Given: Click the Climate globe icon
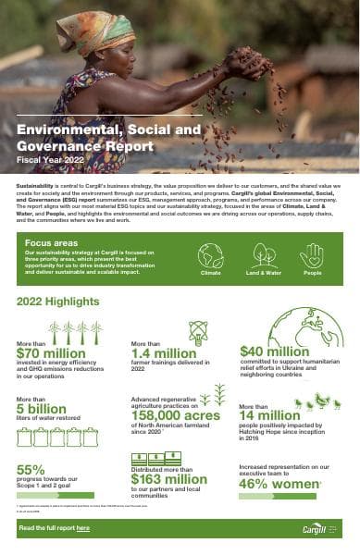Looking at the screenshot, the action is tap(211, 254).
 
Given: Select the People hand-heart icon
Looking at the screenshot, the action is tap(312, 254).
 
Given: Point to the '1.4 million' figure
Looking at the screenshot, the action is tap(163, 352).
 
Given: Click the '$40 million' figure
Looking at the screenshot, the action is tap(275, 351).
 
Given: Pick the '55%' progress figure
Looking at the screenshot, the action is tap(31, 470).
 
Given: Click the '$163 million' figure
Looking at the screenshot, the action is tap(168, 478).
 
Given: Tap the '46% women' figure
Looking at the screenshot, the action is tap(279, 483).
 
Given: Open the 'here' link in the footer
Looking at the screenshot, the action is tap(83, 527).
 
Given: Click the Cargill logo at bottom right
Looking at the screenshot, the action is tap(316, 526).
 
